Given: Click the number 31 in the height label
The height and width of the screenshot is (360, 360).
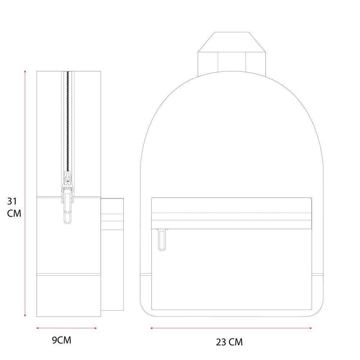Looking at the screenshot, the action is coord(12,201).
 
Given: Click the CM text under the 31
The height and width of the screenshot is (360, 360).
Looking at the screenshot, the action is coord(14,213).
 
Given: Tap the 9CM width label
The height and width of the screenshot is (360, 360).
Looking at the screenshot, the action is coord(62,340).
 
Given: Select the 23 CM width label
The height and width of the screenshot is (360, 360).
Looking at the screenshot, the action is coord(229,342).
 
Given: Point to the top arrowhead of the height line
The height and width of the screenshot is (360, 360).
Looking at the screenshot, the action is coord(25,71).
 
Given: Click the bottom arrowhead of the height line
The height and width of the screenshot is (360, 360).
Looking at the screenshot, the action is coord(25,315).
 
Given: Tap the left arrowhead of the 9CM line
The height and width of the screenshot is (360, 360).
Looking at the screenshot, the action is coord(38,328).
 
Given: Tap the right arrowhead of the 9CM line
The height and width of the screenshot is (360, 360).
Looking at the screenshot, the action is coord(95,328).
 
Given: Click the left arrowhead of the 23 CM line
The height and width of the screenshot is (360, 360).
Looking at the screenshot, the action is coord(152,328).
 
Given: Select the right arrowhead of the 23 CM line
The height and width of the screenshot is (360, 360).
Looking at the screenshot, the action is coord(310,328).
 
